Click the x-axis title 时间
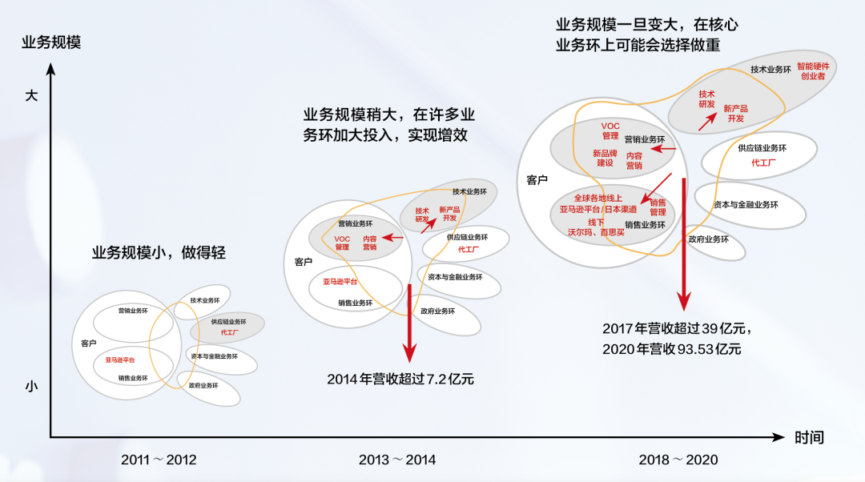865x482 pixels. [x=809, y=438]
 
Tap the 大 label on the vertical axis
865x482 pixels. [x=31, y=95]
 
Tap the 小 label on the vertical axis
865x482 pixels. [x=31, y=386]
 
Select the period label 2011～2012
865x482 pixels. [x=159, y=460]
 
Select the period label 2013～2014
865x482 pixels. [x=397, y=460]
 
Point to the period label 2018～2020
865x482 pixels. [x=678, y=460]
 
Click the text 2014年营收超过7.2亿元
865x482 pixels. [x=400, y=379]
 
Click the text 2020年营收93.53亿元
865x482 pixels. [x=672, y=349]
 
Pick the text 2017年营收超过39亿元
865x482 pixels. [x=677, y=328]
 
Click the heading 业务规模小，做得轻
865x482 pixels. [x=159, y=254]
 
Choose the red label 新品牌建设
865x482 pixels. [x=605, y=158]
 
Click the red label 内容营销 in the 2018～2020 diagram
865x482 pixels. [x=634, y=160]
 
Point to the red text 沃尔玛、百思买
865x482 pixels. [x=597, y=231]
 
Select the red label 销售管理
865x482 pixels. [x=658, y=207]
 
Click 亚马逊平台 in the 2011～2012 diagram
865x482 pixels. [x=120, y=360]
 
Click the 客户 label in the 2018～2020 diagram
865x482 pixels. [x=537, y=180]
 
